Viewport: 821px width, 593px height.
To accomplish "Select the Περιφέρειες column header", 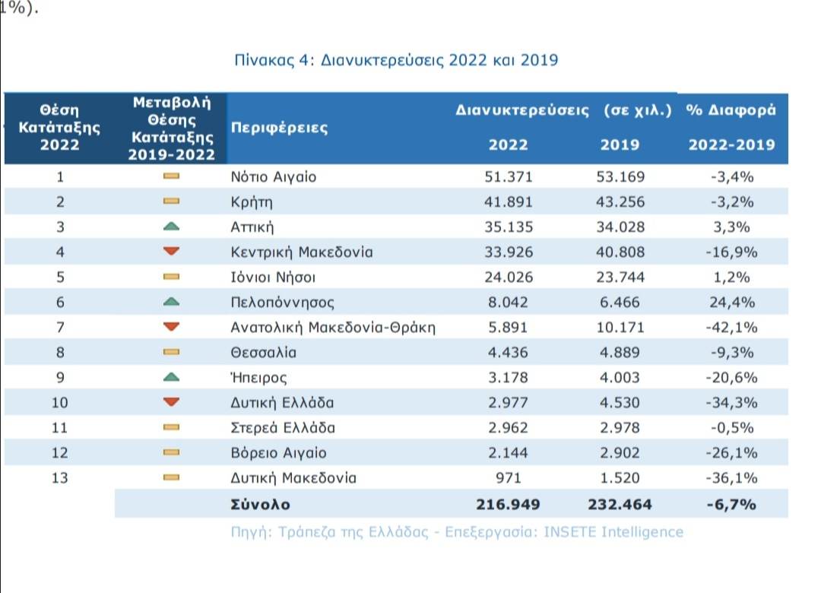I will coord(279,128).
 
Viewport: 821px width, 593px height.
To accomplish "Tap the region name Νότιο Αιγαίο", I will coord(273,177).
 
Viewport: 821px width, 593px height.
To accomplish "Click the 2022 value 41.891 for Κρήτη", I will coord(509,202).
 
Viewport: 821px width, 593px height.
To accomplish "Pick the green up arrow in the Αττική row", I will coord(171,227).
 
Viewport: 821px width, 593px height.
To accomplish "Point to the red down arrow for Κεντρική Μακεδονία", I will coord(171,252).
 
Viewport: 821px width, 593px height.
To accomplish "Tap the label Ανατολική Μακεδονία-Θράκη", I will coord(333,327).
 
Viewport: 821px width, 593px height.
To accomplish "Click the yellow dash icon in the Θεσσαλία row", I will coord(171,352).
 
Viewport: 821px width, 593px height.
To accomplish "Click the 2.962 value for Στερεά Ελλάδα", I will coord(509,427).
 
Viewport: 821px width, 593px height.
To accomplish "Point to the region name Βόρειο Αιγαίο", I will coord(278,452).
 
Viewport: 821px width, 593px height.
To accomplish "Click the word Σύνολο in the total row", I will coord(260,503).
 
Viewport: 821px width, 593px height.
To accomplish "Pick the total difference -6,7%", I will coord(731,503).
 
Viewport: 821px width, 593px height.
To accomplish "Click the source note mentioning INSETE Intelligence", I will coord(457,531).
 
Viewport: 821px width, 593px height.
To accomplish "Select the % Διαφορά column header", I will coord(731,109).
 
